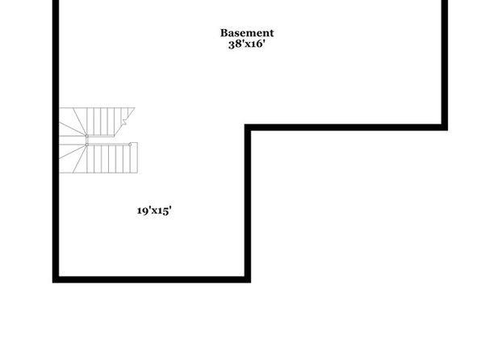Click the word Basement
click(247, 33)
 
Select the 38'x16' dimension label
click(247, 44)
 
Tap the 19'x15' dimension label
click(154, 211)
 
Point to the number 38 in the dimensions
click(235, 44)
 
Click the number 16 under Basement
click(257, 44)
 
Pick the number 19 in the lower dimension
click(143, 211)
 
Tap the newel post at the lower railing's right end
click(130, 144)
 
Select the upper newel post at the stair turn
click(87, 136)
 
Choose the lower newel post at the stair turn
click(87, 144)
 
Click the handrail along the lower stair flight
click(108, 144)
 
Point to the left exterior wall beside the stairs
click(56, 140)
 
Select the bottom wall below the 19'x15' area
click(152, 279)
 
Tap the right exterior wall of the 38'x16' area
click(445, 65)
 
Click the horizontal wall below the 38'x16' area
click(346, 128)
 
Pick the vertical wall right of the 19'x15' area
click(248, 203)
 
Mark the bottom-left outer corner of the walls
click(52, 283)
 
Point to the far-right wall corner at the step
click(448, 130)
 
